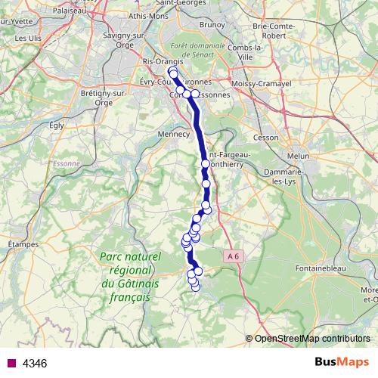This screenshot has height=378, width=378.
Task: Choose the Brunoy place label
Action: (x=213, y=25)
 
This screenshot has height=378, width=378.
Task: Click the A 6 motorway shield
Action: (x=235, y=256)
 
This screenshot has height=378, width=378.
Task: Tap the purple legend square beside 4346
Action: (x=11, y=364)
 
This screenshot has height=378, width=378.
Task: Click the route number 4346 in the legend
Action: (x=35, y=364)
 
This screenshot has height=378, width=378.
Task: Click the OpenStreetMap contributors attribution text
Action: (x=312, y=338)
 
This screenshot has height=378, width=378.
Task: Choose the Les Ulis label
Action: (x=29, y=37)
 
